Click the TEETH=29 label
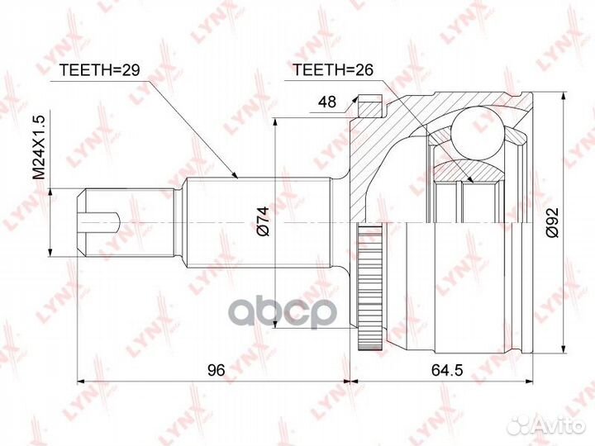[98, 71]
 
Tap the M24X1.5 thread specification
[37, 148]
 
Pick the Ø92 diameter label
[553, 221]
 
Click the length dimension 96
[217, 371]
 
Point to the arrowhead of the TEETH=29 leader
[237, 177]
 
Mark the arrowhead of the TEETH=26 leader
[474, 181]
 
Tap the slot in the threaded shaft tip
[103, 221]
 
